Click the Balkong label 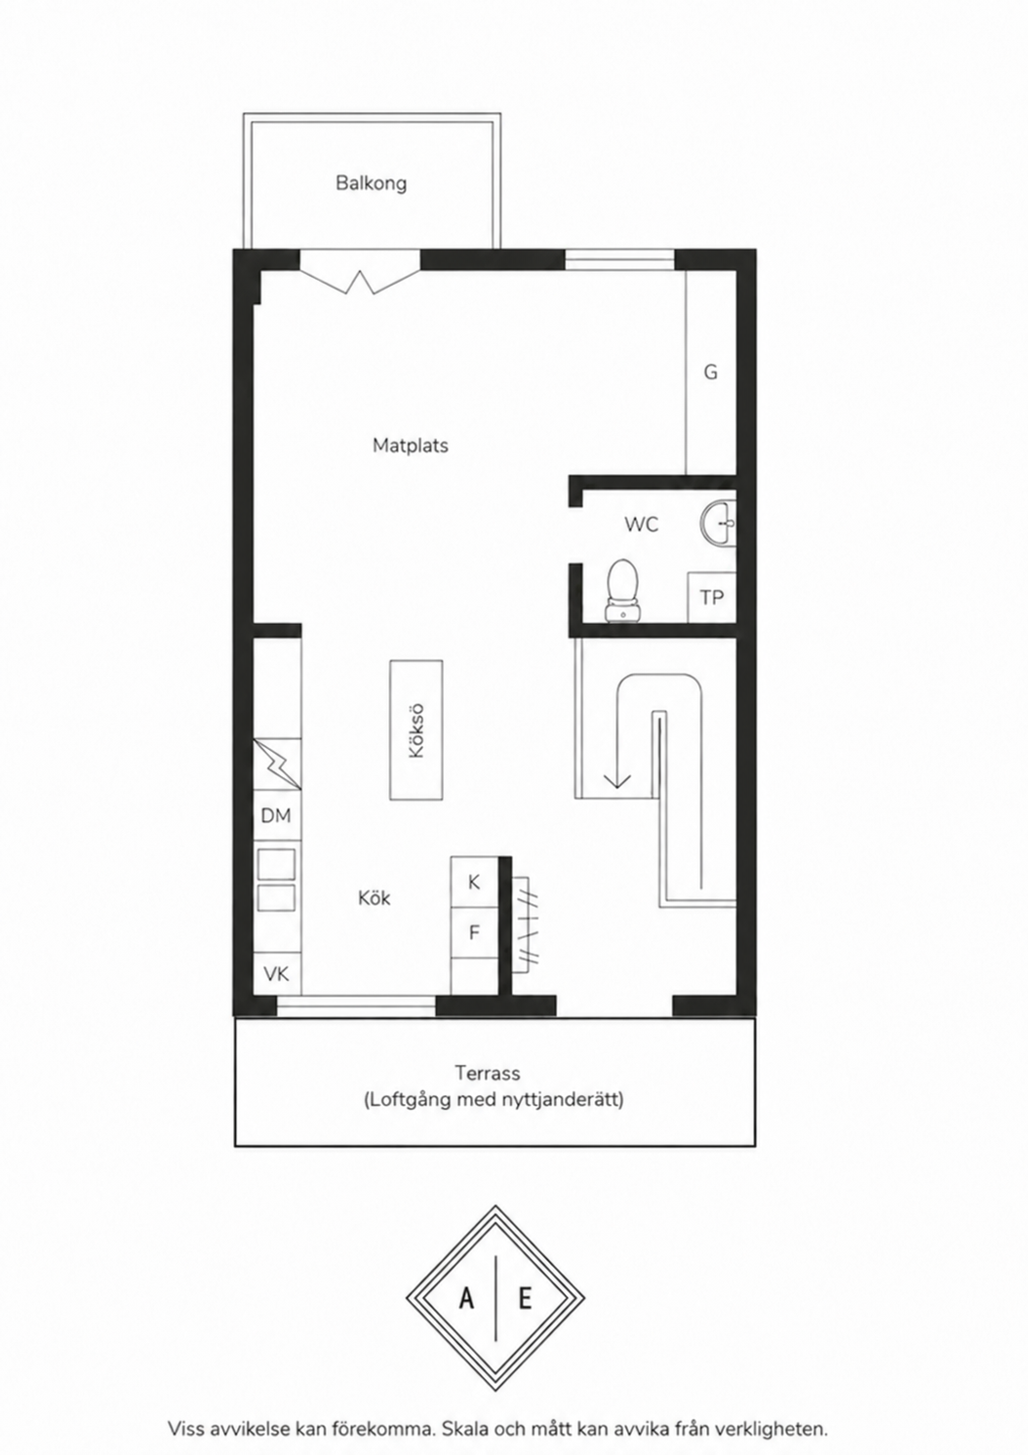371,183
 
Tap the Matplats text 410,446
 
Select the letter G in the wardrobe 711,373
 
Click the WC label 642,525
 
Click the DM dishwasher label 275,816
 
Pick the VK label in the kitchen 275,973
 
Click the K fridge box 474,883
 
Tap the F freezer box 474,932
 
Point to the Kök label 375,898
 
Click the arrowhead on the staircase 616,778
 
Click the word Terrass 488,1073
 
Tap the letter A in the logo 466,1298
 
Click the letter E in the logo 525,1298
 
